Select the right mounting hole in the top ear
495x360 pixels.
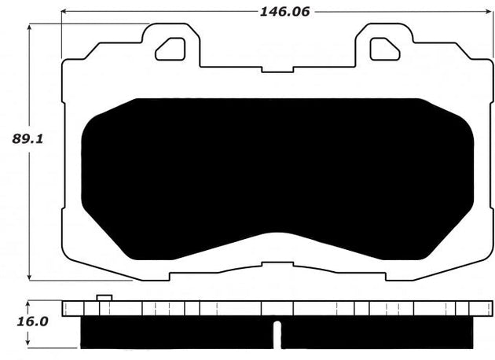[385, 49]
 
